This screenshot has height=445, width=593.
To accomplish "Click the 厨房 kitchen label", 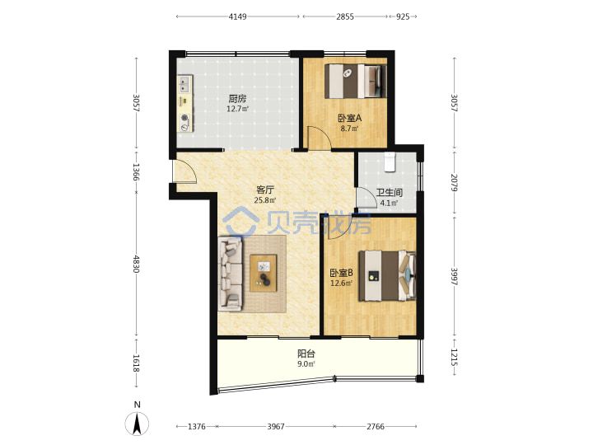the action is point(237,99).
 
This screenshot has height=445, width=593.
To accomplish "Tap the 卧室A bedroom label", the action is point(349,118).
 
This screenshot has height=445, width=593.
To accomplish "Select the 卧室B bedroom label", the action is point(342,273).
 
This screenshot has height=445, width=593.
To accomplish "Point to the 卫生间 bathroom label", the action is point(389,193).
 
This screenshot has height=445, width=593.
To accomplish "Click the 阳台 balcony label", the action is point(306,354).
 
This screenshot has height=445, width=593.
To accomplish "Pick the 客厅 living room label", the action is point(264,190).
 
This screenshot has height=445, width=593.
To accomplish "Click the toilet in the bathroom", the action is point(389,162).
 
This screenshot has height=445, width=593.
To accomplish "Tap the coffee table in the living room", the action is point(264,273).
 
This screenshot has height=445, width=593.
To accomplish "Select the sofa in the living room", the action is point(231,274).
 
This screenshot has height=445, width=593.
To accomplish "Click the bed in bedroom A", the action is point(356,82).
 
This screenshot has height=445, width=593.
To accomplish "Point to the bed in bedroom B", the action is point(387,276).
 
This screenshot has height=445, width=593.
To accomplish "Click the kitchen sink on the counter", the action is point(184,84).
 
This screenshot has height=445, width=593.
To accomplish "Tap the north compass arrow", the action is point(137,424).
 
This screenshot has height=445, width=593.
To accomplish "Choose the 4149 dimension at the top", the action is point(237,16).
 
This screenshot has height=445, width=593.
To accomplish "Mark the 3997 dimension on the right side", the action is point(455,277).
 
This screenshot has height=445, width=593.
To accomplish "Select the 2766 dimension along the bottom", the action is point(376,427).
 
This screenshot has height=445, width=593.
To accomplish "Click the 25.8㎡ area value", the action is point(264,200).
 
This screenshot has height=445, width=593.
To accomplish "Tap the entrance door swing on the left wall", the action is point(184,171).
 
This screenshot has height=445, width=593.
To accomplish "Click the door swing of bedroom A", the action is point(320,138).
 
